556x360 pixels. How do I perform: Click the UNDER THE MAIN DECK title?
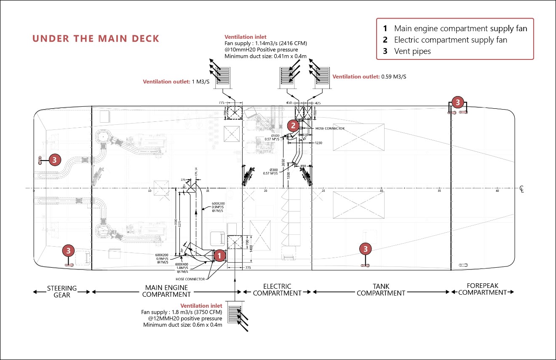point(96,39)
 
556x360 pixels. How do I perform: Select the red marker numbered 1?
point(219,255)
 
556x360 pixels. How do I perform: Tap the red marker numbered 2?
point(294,125)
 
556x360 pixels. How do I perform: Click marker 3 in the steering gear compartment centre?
point(55,160)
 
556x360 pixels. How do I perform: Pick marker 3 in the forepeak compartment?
point(458,102)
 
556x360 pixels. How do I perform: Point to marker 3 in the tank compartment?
point(366,249)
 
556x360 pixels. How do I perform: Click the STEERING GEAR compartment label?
point(62,291)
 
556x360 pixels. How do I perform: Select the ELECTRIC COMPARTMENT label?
point(277,290)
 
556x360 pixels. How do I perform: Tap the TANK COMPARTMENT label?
point(381,290)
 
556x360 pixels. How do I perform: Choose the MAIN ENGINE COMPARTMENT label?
point(166,291)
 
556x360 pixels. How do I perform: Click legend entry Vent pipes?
point(412,51)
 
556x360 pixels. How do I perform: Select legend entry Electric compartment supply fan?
point(450,40)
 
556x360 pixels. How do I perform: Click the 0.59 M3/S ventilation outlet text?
point(393,77)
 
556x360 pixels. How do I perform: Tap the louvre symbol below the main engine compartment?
point(234,312)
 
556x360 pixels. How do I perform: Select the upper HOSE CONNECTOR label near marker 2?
point(330,128)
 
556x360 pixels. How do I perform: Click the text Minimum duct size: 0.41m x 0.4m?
point(265,56)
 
